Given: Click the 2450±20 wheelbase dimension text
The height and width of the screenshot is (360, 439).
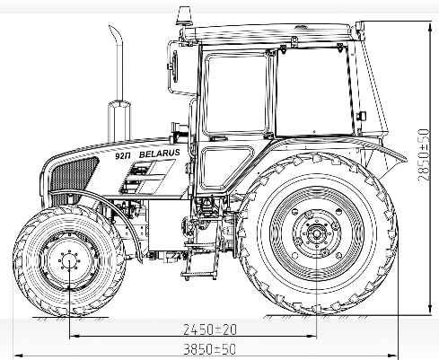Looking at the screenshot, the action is pyautogui.click(x=210, y=329).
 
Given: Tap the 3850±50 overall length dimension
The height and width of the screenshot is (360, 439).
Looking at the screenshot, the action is pyautogui.click(x=210, y=349).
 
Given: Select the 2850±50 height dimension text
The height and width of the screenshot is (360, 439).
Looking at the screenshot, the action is pyautogui.click(x=423, y=154).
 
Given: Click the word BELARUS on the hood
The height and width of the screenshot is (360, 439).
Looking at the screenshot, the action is pyautogui.click(x=160, y=154).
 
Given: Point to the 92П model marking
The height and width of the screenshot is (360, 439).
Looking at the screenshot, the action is pyautogui.click(x=123, y=156).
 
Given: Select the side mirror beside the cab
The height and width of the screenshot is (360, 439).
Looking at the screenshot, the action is pyautogui.click(x=173, y=66).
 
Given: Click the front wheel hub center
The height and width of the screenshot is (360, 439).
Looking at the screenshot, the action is pyautogui.click(x=69, y=261).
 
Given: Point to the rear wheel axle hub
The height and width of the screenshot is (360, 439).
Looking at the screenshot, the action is pyautogui.click(x=317, y=233).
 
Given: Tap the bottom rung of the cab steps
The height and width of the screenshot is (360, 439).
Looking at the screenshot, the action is pyautogui.click(x=198, y=275).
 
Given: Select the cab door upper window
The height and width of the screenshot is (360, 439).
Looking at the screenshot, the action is pyautogui.click(x=236, y=93).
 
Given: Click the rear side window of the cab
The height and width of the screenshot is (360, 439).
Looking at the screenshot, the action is pyautogui.click(x=314, y=91).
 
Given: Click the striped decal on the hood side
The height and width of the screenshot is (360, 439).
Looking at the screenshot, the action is pyautogui.click(x=147, y=177).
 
